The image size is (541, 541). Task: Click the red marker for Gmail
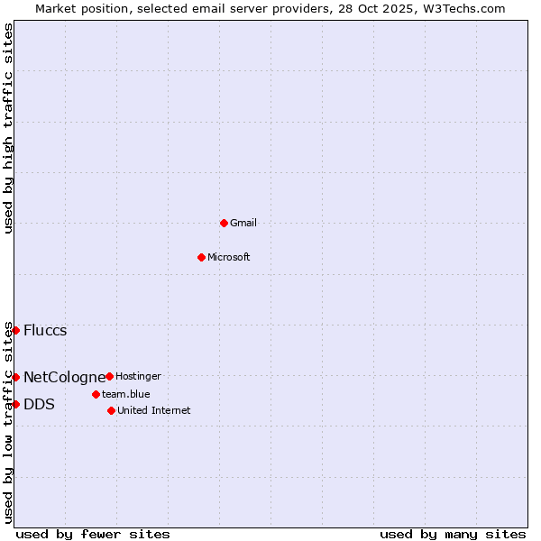pos(224,223)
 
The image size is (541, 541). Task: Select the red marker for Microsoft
pos(201,257)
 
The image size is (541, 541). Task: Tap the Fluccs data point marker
pos(15,330)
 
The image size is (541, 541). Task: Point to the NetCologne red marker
pos(15,377)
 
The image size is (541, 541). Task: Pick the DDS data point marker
pos(15,404)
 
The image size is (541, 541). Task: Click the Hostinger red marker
pos(109,376)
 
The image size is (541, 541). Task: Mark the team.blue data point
pos(96,394)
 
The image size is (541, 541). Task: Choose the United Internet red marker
pos(111,410)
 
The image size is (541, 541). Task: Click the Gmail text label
pos(243,223)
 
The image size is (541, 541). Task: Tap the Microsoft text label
pos(229,257)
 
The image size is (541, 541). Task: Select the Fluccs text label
pos(45,330)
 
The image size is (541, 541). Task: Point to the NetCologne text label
pos(64,377)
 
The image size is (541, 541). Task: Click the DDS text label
pos(39,404)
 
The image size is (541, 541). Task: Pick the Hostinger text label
pos(138,376)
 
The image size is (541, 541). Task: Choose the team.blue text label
pos(126,394)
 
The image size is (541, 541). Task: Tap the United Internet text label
pos(154,410)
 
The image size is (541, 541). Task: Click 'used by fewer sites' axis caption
pos(93,534)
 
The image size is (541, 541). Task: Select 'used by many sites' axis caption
pos(453,534)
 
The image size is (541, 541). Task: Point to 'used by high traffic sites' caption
pos(8,128)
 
